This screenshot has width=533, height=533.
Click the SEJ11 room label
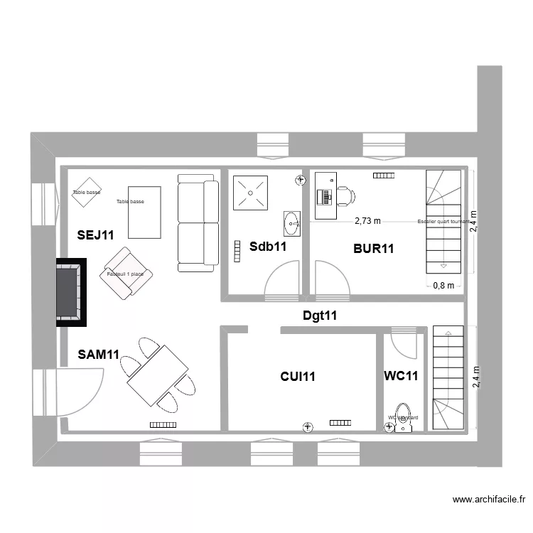point(95,235)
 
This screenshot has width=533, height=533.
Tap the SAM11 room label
point(98,354)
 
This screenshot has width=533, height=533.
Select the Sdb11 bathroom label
point(268,247)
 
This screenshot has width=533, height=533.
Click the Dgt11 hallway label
point(319,316)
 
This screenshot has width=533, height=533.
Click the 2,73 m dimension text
point(367,221)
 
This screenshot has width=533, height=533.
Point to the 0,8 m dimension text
point(443,286)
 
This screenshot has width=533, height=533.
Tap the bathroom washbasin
point(291,223)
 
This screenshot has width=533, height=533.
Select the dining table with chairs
point(157,374)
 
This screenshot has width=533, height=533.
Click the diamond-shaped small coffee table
point(86,192)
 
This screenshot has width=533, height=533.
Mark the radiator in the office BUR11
point(382,176)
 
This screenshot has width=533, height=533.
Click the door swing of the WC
point(405,345)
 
